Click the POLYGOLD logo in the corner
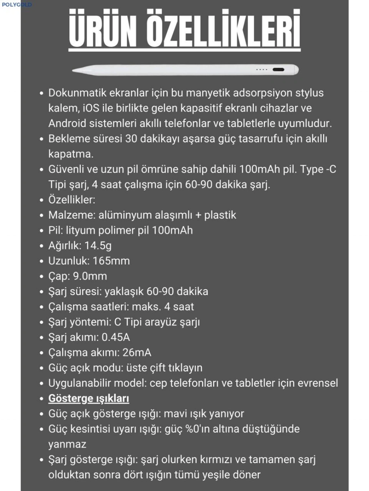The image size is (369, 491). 17,5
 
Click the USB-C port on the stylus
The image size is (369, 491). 279,69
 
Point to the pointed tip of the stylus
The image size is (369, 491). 74,71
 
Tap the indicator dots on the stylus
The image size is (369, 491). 262,69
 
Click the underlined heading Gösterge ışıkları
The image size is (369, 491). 89,399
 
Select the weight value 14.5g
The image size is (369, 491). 98,246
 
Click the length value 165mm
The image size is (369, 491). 111,261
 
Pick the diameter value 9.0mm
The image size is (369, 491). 90,276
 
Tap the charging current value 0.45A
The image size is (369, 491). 116,337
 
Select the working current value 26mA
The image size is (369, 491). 137,353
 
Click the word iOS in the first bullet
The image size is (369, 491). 91,108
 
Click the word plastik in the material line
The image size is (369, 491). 220,215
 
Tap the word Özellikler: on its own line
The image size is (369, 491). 72,200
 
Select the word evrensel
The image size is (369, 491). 318,383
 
